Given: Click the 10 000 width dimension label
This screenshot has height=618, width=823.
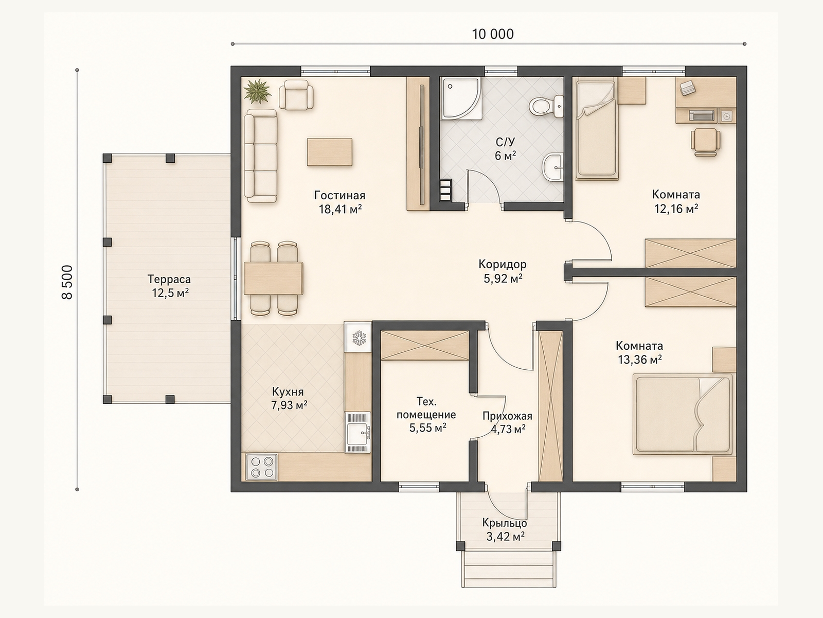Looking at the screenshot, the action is pyautogui.click(x=493, y=34).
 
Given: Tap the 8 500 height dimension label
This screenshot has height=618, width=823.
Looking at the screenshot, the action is pyautogui.click(x=67, y=282).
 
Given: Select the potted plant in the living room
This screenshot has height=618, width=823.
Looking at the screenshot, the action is pyautogui.click(x=257, y=91).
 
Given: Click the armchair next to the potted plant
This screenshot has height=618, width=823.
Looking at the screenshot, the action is pyautogui.click(x=296, y=95).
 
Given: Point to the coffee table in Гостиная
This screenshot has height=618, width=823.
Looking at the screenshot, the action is pyautogui.click(x=330, y=152).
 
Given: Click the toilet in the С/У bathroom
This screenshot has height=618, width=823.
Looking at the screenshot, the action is pyautogui.click(x=546, y=106).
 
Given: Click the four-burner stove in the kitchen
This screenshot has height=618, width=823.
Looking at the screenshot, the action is pyautogui.click(x=262, y=467).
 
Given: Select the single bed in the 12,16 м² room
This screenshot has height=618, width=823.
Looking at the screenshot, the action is pyautogui.click(x=597, y=129).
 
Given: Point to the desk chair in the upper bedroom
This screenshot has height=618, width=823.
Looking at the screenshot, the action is pyautogui.click(x=705, y=142).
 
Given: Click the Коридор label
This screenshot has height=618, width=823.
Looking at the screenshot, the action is pyautogui.click(x=503, y=265).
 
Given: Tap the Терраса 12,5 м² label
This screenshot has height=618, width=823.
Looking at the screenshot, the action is pyautogui.click(x=169, y=286).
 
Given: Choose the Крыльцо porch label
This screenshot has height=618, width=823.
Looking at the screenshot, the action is pyautogui.click(x=505, y=523).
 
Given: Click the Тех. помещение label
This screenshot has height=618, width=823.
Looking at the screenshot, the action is pyautogui.click(x=426, y=408).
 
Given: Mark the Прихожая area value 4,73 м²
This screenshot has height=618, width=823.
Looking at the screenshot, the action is pyautogui.click(x=508, y=429).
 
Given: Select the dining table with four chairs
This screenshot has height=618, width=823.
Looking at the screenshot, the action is pyautogui.click(x=274, y=278).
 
